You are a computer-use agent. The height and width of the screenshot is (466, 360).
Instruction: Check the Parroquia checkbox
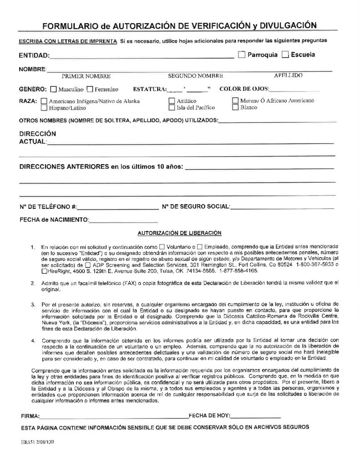click(241, 55)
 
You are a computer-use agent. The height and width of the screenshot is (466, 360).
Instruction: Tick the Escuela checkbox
click(285, 55)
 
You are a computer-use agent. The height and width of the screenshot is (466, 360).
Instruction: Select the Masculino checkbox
click(54, 89)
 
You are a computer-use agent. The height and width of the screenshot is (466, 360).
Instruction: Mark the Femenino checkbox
click(90, 89)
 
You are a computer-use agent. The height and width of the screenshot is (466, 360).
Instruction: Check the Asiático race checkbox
click(172, 101)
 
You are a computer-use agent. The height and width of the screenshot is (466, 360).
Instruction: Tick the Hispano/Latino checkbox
click(44, 108)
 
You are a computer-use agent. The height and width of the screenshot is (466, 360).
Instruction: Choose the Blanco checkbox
click(235, 108)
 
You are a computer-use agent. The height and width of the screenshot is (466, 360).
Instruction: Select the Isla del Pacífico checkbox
click(172, 108)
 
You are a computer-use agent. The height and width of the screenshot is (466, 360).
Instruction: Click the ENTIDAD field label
click(34, 56)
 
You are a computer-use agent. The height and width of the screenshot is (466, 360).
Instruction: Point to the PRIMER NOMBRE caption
click(86, 76)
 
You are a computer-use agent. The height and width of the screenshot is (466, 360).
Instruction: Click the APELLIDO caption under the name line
click(289, 76)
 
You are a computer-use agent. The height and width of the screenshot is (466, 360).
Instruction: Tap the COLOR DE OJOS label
click(244, 89)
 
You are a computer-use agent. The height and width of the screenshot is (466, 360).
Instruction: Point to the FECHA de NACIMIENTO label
click(54, 220)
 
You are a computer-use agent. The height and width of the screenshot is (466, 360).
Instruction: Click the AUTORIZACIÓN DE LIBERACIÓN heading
click(179, 233)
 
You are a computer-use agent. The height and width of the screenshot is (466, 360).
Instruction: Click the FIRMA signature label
click(30, 415)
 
